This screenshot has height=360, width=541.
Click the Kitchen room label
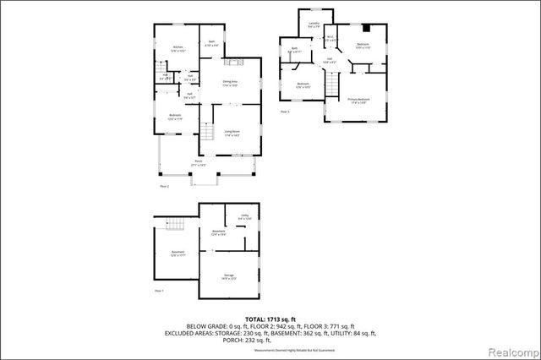[x=178, y=48]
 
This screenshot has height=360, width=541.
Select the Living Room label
[x=232, y=132]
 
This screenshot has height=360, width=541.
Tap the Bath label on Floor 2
[x=212, y=43]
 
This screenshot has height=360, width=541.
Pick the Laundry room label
[x=314, y=25]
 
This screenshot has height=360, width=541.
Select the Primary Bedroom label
[x=358, y=101]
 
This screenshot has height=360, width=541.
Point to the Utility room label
[x=245, y=217]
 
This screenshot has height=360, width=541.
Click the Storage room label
[x=229, y=275]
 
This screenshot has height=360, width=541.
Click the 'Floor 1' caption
[x=159, y=290]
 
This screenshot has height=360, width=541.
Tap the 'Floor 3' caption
[x=284, y=111]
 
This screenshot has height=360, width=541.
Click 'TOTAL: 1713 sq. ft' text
[x=270, y=318]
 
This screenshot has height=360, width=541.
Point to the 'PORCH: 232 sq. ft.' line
[x=270, y=340]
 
